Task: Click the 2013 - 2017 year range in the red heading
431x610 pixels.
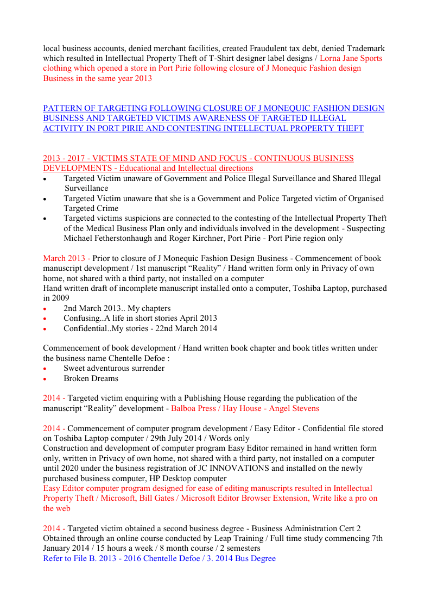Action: pos(65,158)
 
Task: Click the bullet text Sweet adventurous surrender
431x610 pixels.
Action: pos(114,368)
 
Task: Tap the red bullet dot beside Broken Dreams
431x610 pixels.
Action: pos(46,379)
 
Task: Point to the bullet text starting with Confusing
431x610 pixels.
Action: pos(140,318)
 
